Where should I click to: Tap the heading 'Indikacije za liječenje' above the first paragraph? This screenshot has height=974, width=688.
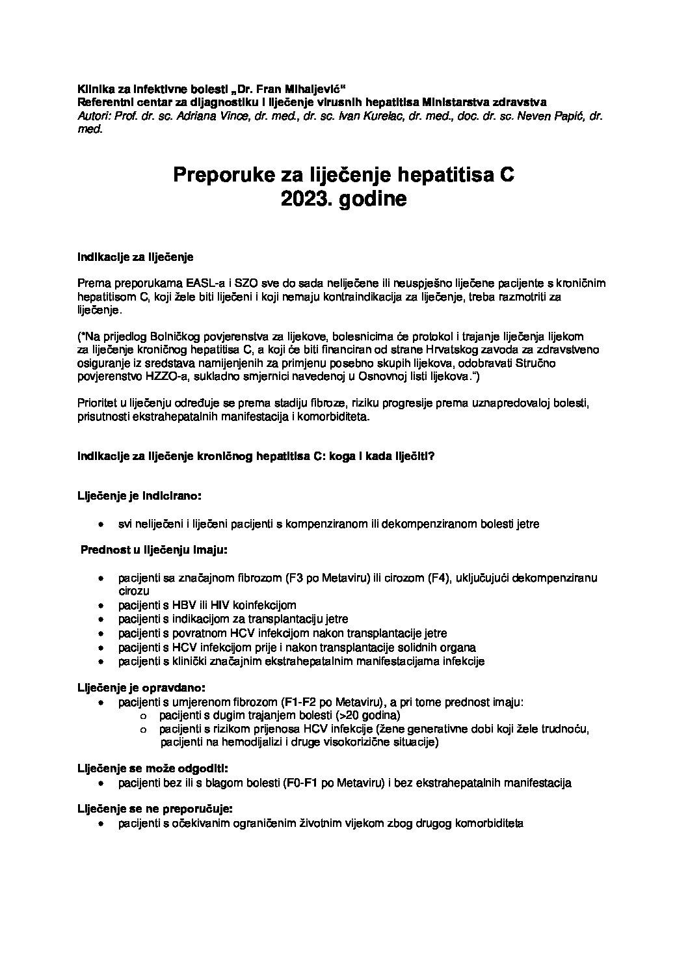tap(136, 257)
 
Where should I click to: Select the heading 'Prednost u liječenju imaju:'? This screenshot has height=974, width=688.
tap(153, 550)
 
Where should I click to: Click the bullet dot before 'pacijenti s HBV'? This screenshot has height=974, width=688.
tap(101, 606)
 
